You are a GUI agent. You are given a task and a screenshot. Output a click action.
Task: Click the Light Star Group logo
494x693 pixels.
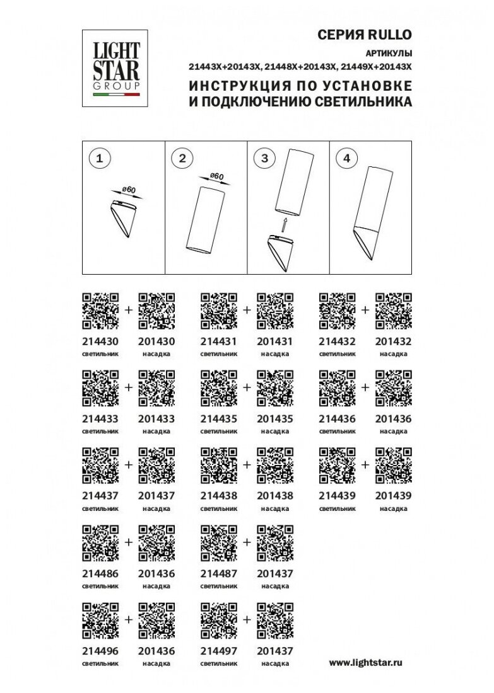tap(115, 68)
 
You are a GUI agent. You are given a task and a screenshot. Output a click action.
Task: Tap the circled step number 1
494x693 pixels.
tap(100, 157)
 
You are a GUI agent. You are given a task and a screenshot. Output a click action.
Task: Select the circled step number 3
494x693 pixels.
tap(265, 157)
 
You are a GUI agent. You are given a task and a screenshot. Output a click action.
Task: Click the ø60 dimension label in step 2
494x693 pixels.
tap(217, 176)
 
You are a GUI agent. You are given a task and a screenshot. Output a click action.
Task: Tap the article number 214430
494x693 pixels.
tap(100, 341)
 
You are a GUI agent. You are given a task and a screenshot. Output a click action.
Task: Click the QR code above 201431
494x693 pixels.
tap(275, 311)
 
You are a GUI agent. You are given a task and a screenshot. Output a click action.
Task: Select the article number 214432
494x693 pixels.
tap(338, 341)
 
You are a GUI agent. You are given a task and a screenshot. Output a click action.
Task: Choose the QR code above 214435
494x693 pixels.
tap(219, 388)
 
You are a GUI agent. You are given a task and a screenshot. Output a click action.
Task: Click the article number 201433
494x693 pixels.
tap(156, 418)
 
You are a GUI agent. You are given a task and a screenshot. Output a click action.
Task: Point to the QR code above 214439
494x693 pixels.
tap(338, 466)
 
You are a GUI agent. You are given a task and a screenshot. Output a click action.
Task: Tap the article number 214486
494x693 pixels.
tap(100, 574)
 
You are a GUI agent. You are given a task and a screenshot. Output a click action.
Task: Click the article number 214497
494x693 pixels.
tap(219, 651)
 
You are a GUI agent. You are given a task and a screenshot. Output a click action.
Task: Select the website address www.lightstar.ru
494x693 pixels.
tap(366, 663)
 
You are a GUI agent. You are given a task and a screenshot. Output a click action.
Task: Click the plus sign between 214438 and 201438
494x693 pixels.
tap(247, 464)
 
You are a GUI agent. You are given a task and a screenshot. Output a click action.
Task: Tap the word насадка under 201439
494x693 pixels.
tap(394, 508)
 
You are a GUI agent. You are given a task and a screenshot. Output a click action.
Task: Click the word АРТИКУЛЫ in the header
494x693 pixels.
tap(389, 54)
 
